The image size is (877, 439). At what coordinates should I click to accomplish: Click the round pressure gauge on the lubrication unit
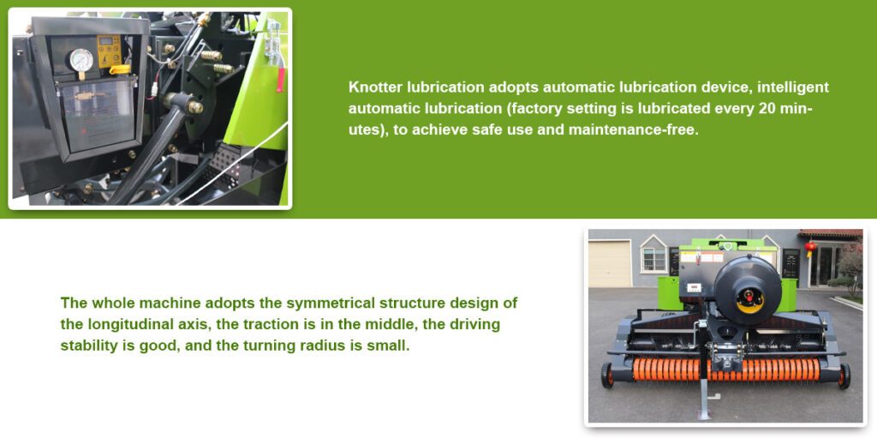(81, 60)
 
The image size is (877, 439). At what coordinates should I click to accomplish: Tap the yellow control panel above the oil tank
(109, 51)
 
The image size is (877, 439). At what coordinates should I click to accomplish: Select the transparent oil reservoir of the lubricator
(98, 114)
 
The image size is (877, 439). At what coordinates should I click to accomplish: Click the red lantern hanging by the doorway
(810, 247)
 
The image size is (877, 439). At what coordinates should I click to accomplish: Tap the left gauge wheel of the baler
(607, 376)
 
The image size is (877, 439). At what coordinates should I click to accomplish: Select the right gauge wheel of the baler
(844, 376)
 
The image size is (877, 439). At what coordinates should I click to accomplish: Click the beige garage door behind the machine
(609, 263)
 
